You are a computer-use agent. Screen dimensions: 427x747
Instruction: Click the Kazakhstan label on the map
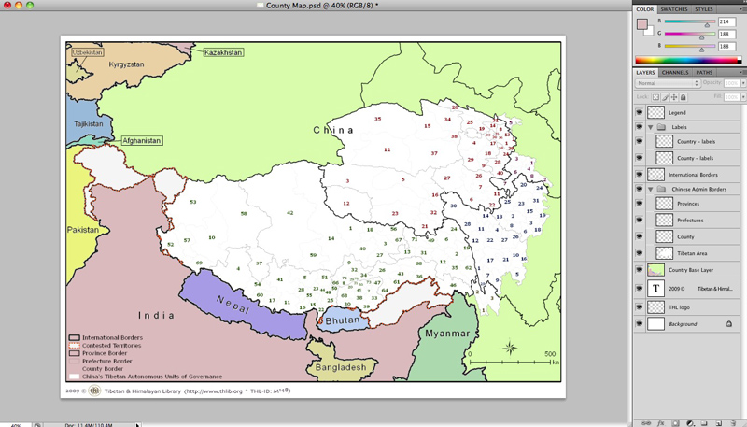point(223,52)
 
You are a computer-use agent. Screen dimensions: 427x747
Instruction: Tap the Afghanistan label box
point(141,140)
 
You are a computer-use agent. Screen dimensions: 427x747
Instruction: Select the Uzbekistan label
point(86,52)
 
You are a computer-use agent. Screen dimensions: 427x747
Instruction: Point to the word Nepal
point(231,302)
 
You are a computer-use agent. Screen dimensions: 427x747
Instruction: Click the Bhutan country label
point(342,320)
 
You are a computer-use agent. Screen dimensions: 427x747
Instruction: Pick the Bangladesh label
point(339,367)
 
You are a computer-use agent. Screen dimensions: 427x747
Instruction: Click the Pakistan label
point(82,229)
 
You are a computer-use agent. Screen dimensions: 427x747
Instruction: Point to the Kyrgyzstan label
point(126,64)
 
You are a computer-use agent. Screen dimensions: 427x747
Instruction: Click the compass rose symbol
point(510,349)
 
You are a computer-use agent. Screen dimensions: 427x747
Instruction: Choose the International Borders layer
point(693,175)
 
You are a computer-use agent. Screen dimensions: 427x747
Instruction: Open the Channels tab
point(674,72)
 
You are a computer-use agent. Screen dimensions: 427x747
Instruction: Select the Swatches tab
point(674,8)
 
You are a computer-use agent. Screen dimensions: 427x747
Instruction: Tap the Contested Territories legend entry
point(111,345)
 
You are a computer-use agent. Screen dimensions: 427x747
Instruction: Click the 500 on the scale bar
point(550,354)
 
